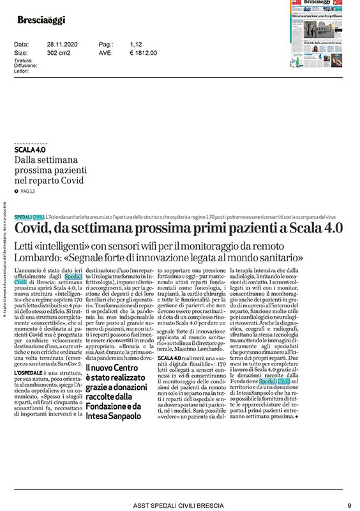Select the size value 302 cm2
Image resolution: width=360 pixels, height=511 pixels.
[57, 52]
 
